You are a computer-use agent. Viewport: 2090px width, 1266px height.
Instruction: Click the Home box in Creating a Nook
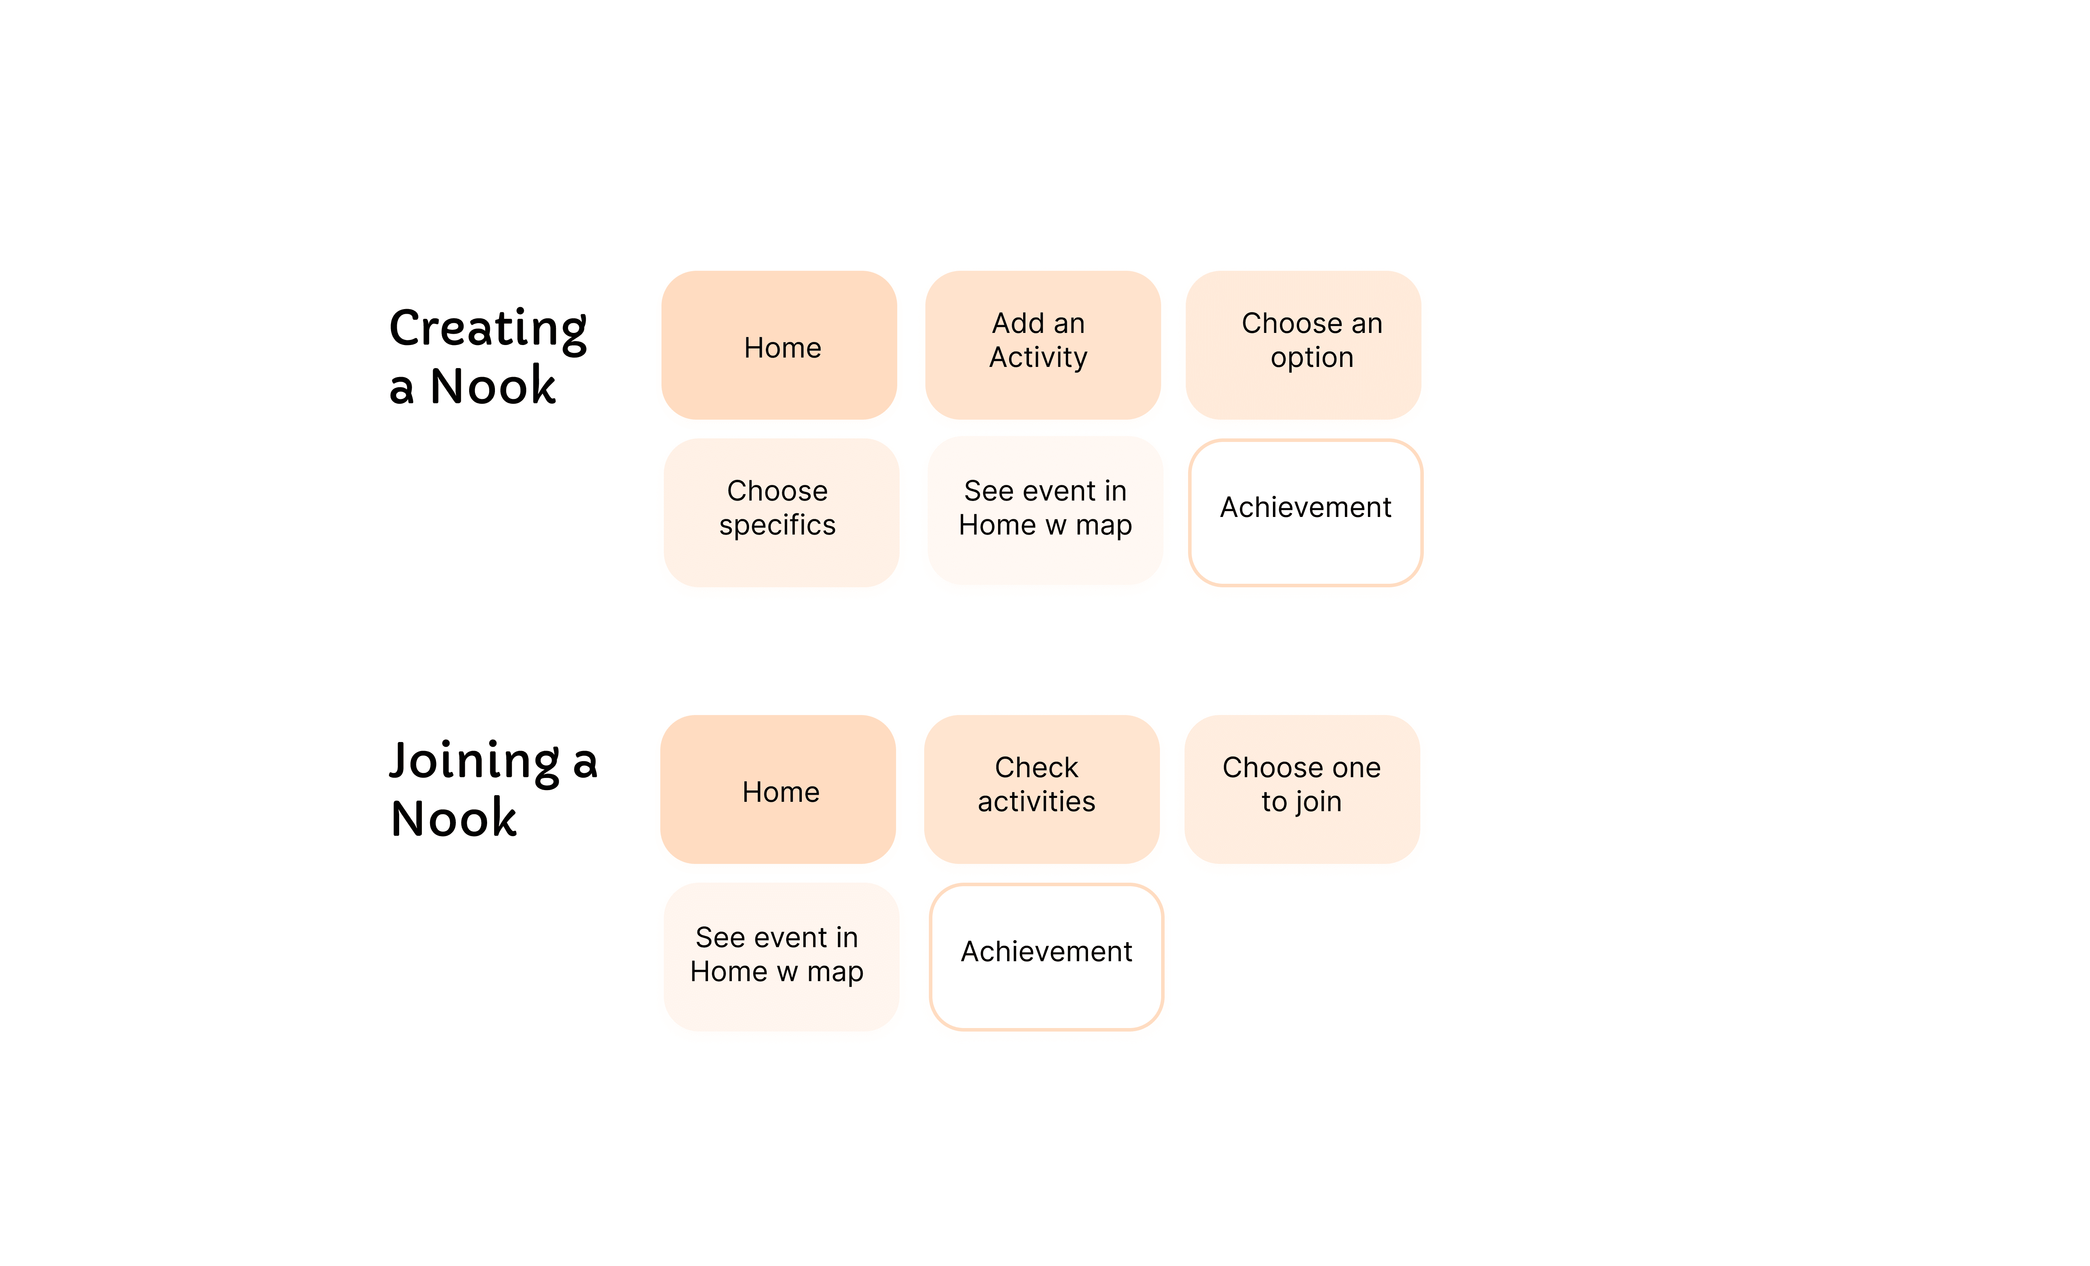click(x=779, y=345)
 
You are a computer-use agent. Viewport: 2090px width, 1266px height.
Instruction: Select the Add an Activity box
click(x=1042, y=345)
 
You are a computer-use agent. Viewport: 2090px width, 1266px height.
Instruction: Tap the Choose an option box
click(x=1303, y=345)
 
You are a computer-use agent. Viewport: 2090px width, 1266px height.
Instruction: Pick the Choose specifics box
click(x=781, y=512)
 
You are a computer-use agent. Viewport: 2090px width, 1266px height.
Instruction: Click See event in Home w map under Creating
click(x=1045, y=510)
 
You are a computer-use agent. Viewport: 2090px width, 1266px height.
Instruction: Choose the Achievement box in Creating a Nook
click(x=1305, y=512)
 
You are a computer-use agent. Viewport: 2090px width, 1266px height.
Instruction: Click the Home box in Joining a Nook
click(x=778, y=789)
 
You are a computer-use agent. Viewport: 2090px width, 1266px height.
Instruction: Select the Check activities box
click(x=1041, y=789)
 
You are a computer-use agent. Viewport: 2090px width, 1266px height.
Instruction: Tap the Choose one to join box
click(x=1302, y=789)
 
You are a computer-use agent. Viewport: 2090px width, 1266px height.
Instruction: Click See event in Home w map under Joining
click(x=781, y=957)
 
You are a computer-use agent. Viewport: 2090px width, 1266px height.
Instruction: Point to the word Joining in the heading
click(x=475, y=762)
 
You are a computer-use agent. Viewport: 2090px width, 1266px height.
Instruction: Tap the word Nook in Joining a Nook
click(x=454, y=818)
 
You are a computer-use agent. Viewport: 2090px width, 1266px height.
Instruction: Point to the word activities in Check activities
click(x=1036, y=801)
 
